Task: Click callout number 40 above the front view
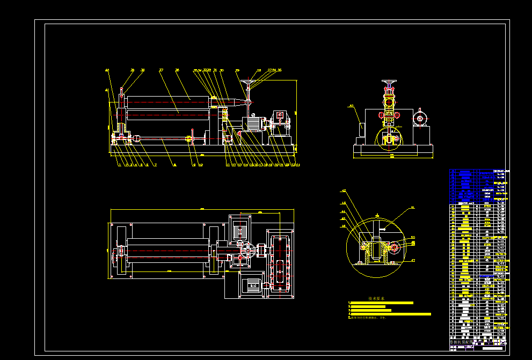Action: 107,70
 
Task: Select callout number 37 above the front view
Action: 161,70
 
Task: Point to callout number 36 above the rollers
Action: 177,70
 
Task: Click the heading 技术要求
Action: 376,298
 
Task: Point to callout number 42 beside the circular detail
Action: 344,190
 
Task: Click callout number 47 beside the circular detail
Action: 413,260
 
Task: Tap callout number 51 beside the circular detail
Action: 412,207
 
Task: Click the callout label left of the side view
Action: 351,106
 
